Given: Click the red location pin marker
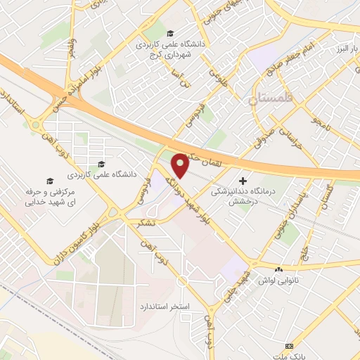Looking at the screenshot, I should (180, 165).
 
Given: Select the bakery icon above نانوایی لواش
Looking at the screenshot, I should (279, 269).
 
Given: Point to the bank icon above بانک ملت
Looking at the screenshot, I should (290, 346).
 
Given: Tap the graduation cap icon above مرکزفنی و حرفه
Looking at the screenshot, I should (49, 180).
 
